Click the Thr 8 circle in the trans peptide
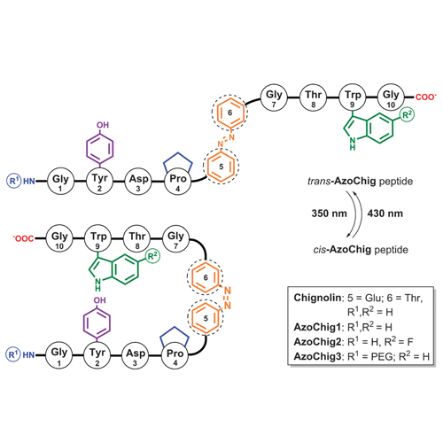[313, 97]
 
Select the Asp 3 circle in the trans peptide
[138, 181]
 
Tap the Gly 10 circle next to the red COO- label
[391, 97]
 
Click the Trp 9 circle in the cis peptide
[98, 238]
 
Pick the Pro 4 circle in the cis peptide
[175, 355]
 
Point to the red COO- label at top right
[425, 97]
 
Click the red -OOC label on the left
[24, 238]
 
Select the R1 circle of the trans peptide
[13, 181]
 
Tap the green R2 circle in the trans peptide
[407, 115]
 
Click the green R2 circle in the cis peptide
[152, 256]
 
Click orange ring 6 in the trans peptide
[230, 113]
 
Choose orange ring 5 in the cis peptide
[206, 318]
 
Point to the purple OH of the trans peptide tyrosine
[103, 125]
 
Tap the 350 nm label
[329, 214]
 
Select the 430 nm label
[385, 214]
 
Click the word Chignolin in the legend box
[317, 298]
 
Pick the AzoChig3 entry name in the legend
[317, 356]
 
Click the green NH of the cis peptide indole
[97, 284]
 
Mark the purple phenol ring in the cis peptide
[97, 323]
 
